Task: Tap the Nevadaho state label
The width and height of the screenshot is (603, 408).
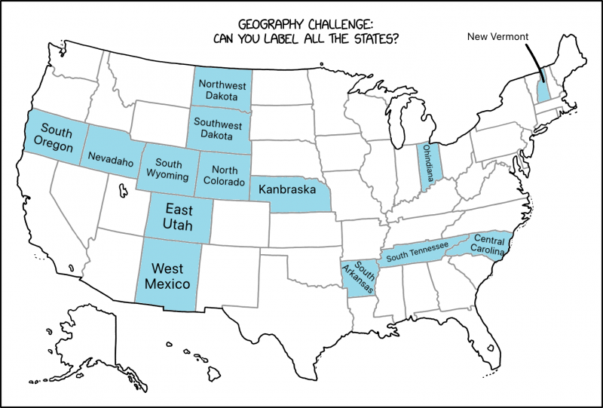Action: coord(110,159)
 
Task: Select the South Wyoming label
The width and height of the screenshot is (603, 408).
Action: coord(167,170)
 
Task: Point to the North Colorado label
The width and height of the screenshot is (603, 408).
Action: coord(224,176)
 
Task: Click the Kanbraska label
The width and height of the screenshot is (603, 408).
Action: coord(286,189)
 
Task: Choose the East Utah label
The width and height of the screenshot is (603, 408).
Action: coord(179,217)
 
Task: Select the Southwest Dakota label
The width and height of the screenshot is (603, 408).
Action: coord(218,129)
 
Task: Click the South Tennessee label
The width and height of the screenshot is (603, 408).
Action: coord(417,251)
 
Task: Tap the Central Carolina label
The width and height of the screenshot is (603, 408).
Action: coord(489,246)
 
